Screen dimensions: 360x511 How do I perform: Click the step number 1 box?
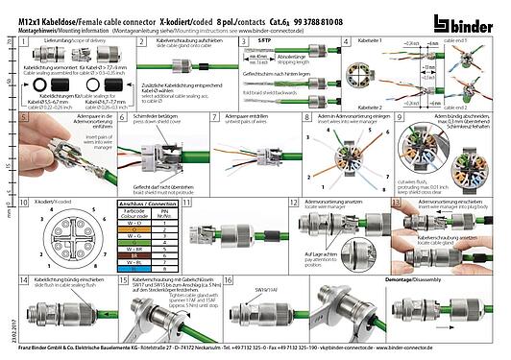coord(27,43)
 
